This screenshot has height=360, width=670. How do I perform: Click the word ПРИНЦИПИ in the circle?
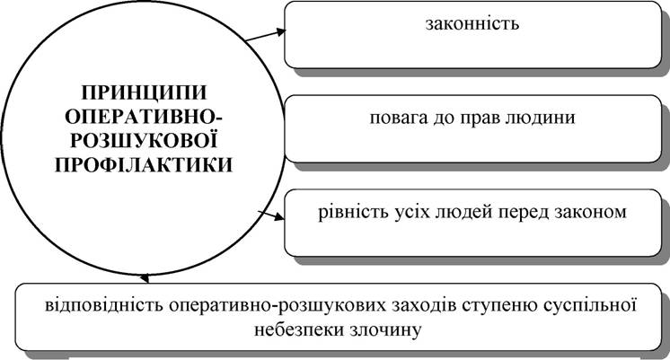(144, 92)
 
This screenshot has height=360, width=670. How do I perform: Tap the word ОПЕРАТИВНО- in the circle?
(144, 117)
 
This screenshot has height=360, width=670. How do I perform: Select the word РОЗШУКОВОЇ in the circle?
(144, 140)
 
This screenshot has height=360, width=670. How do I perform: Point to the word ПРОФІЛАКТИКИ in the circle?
(144, 165)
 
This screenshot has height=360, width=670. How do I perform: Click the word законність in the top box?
(472, 23)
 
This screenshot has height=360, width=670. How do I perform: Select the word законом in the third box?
(591, 213)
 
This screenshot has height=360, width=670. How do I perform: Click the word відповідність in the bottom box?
(104, 306)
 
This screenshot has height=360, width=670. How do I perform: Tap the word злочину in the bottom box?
(385, 330)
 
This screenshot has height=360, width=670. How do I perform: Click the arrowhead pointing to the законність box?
(280, 31)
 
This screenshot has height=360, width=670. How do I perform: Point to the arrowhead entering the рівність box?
(278, 217)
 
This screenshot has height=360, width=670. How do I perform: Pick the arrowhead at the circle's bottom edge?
(145, 278)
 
